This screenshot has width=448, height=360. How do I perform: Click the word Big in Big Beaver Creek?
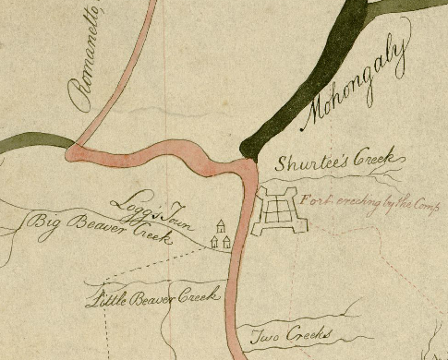(43, 222)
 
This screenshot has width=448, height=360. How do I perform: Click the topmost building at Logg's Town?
(221, 225)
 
